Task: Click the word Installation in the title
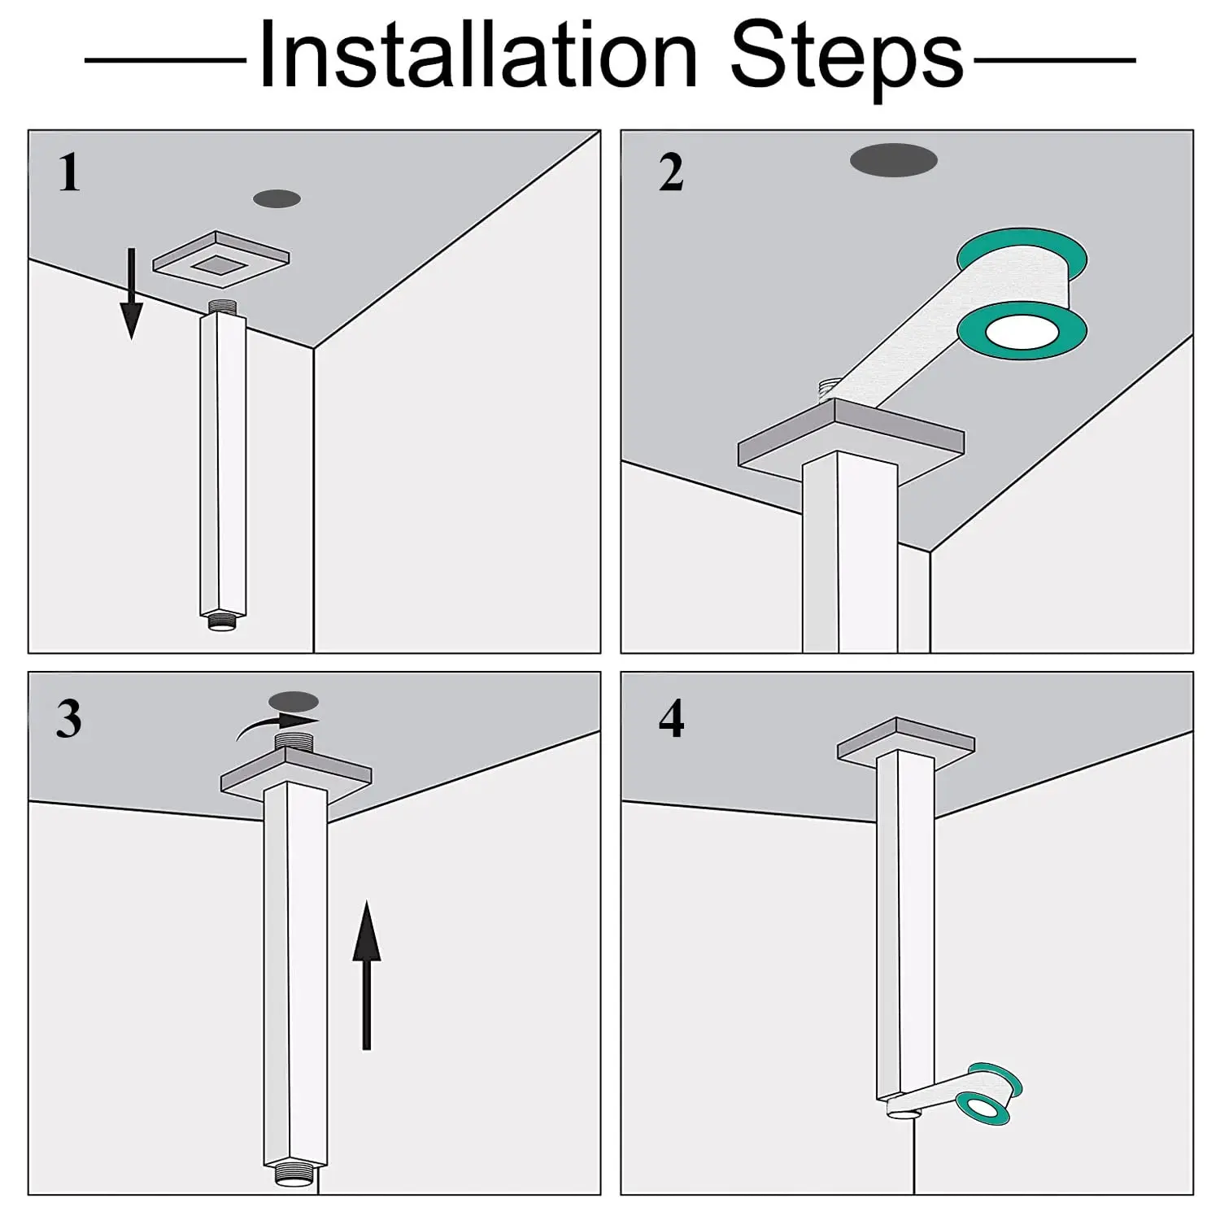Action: click(478, 55)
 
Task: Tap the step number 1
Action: click(70, 173)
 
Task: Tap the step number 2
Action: click(671, 173)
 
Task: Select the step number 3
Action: click(69, 719)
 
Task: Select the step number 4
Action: click(671, 719)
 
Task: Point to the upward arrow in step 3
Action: click(367, 975)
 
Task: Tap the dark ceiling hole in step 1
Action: click(277, 198)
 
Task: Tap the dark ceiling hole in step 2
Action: click(893, 160)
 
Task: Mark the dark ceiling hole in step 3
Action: click(294, 700)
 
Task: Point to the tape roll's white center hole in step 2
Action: click(1022, 333)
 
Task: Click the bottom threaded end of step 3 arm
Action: click(295, 1176)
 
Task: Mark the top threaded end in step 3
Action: click(294, 741)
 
